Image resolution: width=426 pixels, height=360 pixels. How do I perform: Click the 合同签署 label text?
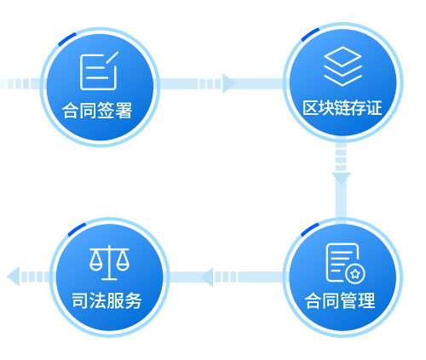pyautogui.click(x=97, y=111)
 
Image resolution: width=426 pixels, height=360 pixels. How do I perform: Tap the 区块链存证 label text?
pyautogui.click(x=343, y=108)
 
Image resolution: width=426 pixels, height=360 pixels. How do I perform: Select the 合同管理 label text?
pyautogui.click(x=340, y=300)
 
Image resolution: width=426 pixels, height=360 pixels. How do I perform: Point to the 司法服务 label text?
pyautogui.click(x=106, y=300)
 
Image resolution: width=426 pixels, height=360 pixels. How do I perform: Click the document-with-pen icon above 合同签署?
pyautogui.click(x=99, y=71)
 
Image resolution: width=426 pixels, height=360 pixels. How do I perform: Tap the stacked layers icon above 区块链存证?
pyautogui.click(x=343, y=66)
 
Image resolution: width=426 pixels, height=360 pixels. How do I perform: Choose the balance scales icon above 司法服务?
pyautogui.click(x=109, y=263)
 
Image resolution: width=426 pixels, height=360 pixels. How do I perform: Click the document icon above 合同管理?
pyautogui.click(x=346, y=263)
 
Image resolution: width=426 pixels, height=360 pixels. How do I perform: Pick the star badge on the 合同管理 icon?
pyautogui.click(x=355, y=274)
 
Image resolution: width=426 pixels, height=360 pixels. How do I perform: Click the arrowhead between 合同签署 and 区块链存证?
pyautogui.click(x=228, y=83)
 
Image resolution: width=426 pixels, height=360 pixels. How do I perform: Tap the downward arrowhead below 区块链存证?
pyautogui.click(x=341, y=179)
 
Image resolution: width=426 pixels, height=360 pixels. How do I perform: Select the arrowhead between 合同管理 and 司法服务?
pyautogui.click(x=207, y=277)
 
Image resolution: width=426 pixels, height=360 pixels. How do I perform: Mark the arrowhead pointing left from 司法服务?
pyautogui.click(x=13, y=277)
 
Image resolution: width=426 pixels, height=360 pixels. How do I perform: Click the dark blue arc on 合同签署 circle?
pyautogui.click(x=67, y=39)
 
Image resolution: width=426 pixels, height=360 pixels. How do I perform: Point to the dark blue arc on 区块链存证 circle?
pyautogui.click(x=310, y=34)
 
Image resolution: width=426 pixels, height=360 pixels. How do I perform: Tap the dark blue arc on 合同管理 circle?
pyautogui.click(x=310, y=229)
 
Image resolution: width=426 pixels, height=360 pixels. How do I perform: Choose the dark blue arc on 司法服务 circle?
pyautogui.click(x=77, y=229)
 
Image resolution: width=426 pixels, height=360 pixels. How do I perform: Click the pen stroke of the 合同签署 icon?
pyautogui.click(x=112, y=58)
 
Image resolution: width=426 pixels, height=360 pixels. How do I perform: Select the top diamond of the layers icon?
pyautogui.click(x=343, y=56)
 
